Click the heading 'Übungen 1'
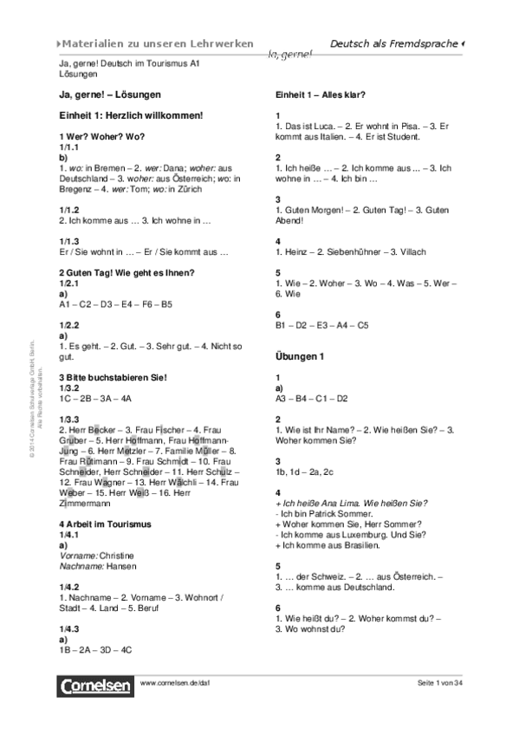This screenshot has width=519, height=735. (300, 355)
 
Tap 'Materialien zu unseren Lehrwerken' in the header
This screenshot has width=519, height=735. (160, 43)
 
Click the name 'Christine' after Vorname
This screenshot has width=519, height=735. (118, 552)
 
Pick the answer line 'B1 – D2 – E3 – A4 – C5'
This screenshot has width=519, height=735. (321, 325)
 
